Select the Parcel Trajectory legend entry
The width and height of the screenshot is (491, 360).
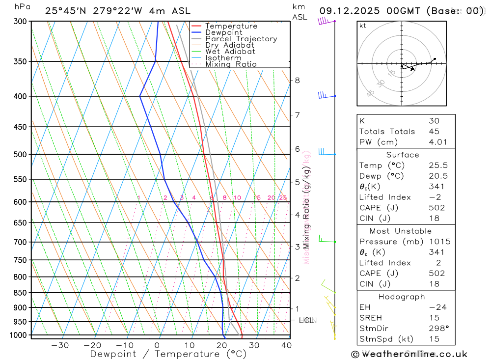click(241, 39)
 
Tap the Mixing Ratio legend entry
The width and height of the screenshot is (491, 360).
click(231, 64)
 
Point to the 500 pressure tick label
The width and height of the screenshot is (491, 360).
click(20, 154)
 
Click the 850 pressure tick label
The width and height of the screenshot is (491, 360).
click(20, 293)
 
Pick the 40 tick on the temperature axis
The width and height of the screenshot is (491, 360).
click(286, 345)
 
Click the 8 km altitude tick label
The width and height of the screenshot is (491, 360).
click(297, 80)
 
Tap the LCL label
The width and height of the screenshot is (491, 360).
click(306, 321)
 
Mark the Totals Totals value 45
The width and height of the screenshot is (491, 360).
click(434, 131)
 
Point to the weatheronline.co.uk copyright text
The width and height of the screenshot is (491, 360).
click(409, 354)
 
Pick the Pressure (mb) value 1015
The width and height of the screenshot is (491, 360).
click(438, 242)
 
